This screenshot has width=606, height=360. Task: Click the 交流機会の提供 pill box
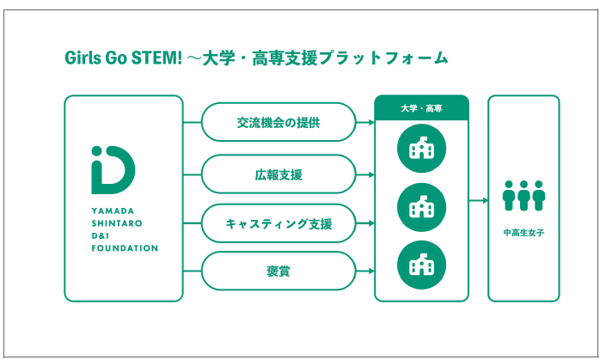coord(279,123)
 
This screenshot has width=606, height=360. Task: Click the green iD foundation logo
coord(113,170)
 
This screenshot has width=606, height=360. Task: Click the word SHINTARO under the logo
coord(114,222)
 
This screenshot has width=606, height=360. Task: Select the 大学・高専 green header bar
coord(421,107)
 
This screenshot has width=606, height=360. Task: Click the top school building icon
coord(421,149)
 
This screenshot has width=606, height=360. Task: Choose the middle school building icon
coord(421,206)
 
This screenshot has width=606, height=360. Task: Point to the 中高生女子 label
coord(523,232)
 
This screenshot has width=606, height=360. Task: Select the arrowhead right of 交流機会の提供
coord(370,123)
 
